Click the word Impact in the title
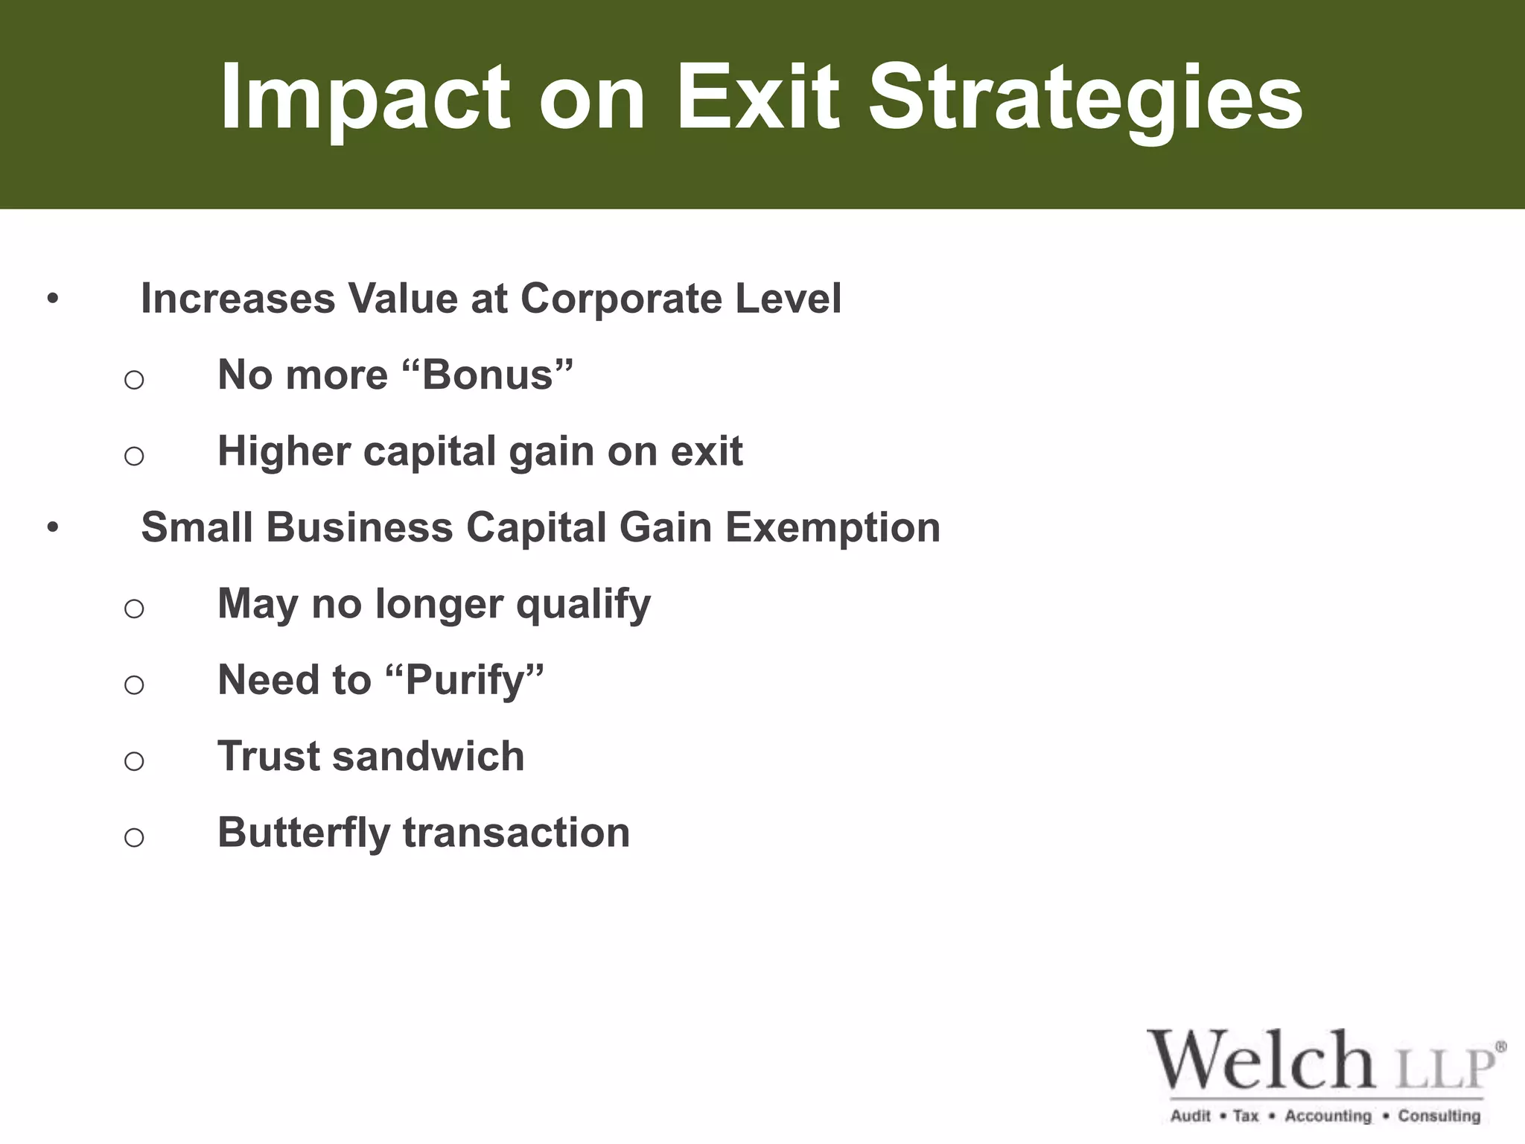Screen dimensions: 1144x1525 (x=365, y=98)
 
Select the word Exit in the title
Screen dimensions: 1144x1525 (x=757, y=98)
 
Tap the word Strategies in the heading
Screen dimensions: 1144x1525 (x=1085, y=98)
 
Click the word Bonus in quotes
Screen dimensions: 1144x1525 (x=488, y=375)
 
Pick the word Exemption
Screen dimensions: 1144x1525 (x=832, y=527)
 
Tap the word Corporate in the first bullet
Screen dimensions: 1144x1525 (x=621, y=299)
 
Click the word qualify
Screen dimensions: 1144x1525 (x=583, y=604)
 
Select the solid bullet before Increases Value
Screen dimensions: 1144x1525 (x=52, y=300)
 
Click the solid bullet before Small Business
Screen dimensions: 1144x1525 (x=52, y=529)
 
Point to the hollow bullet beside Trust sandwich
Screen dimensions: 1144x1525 (x=134, y=761)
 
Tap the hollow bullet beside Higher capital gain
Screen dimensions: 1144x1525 (x=134, y=456)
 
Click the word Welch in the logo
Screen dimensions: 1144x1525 (x=1261, y=1061)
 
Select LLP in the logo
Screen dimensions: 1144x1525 (x=1445, y=1068)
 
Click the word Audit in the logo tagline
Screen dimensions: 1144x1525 (x=1191, y=1116)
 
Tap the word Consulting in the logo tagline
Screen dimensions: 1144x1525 (x=1439, y=1116)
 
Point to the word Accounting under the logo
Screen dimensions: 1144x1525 (x=1328, y=1116)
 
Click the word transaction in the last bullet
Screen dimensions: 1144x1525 (x=516, y=833)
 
